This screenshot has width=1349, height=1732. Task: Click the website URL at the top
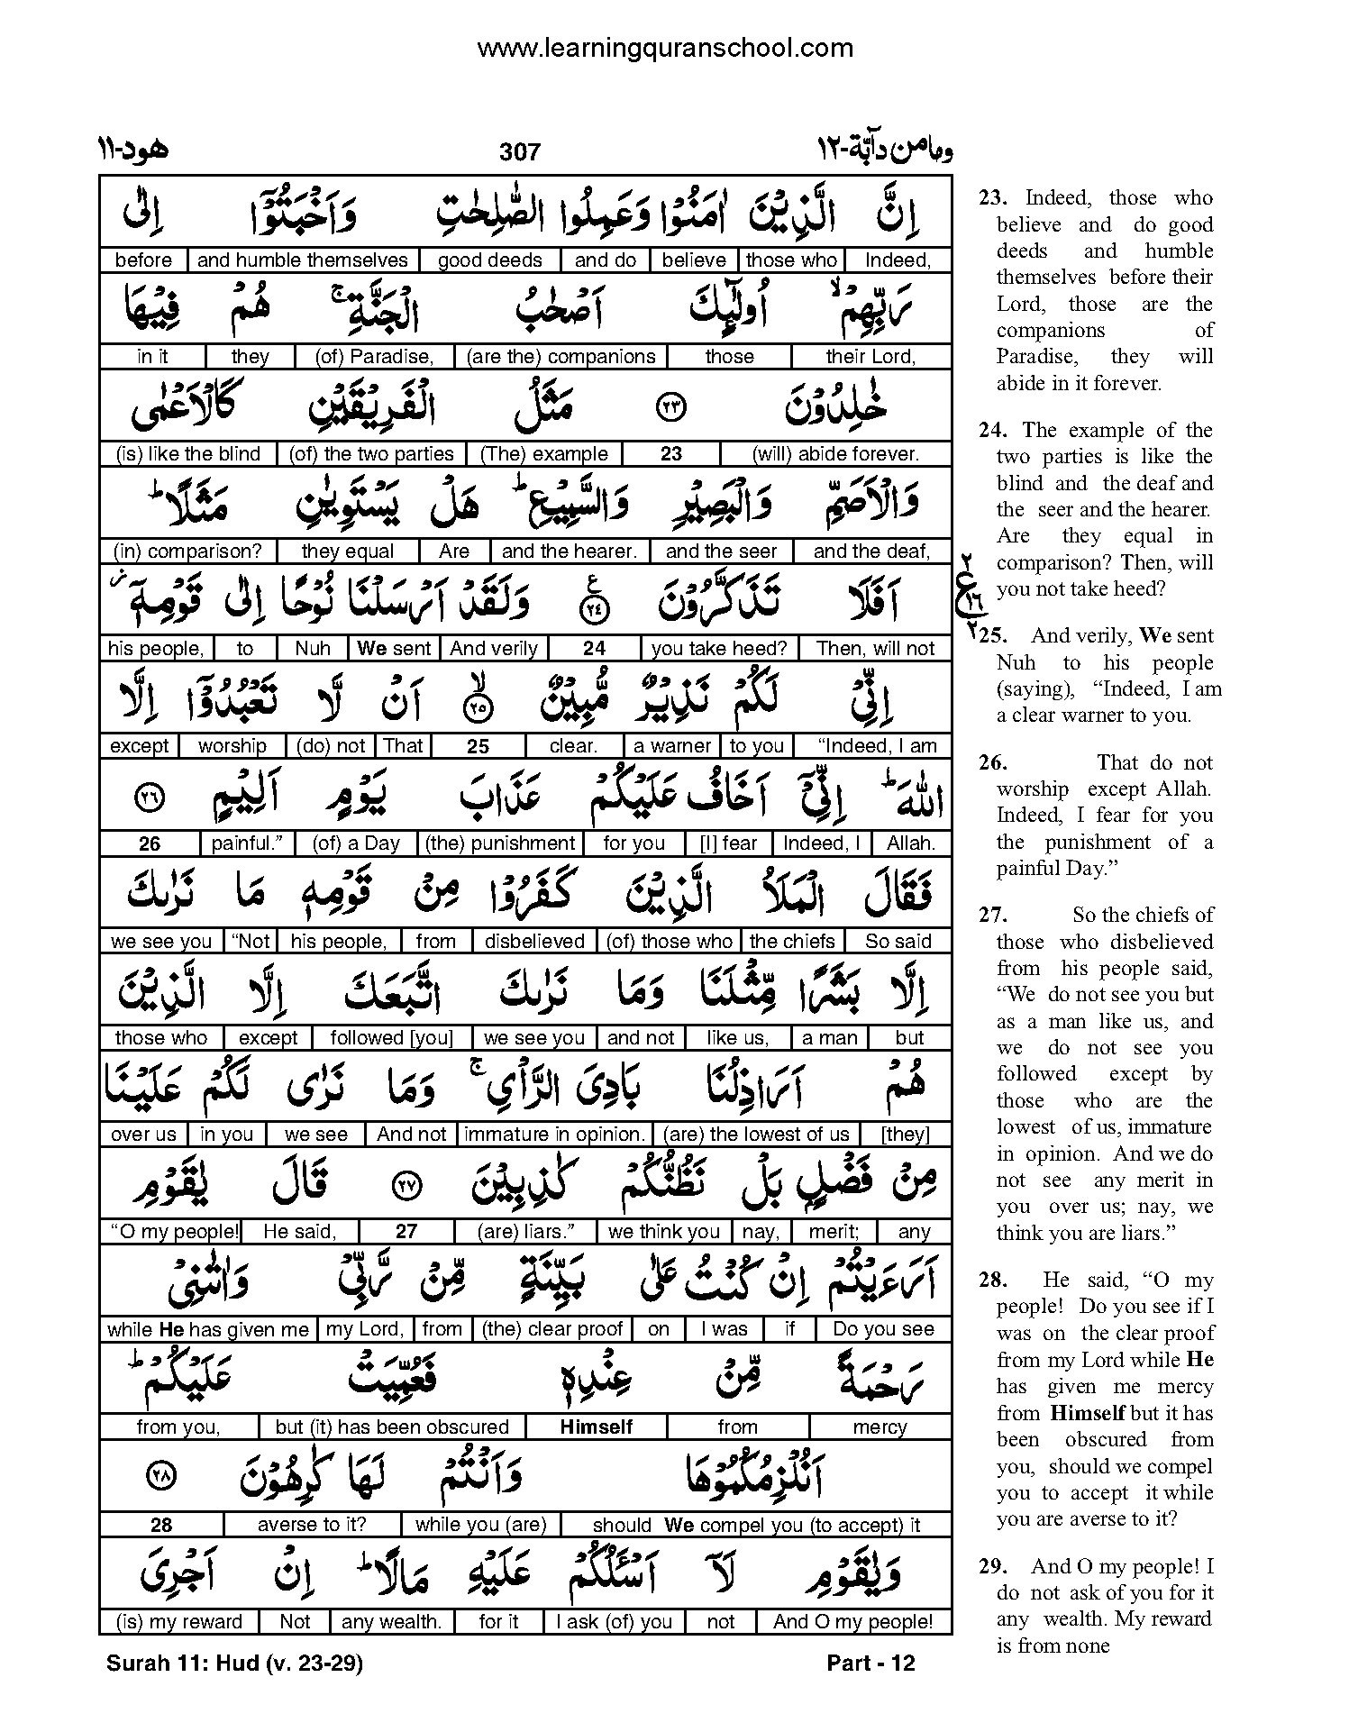(x=664, y=48)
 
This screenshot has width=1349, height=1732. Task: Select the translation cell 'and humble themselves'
(x=303, y=260)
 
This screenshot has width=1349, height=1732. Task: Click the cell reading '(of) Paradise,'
(x=374, y=357)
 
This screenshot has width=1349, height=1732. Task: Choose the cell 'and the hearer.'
(x=570, y=552)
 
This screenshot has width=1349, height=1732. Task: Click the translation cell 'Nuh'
(x=313, y=649)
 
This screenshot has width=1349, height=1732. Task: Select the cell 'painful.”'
(x=247, y=843)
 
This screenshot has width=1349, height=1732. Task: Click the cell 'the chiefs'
(x=792, y=942)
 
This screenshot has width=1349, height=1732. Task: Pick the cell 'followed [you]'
(x=391, y=1038)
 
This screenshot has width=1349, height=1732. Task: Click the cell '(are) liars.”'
(x=524, y=1232)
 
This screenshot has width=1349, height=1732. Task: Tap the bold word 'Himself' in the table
(x=597, y=1427)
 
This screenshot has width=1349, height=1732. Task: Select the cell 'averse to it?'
(x=313, y=1525)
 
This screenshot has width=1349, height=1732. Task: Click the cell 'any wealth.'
(x=392, y=1622)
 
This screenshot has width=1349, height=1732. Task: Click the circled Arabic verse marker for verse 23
(x=672, y=407)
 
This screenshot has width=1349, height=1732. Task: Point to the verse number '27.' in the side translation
(x=992, y=916)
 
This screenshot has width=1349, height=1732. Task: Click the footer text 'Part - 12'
(x=870, y=1664)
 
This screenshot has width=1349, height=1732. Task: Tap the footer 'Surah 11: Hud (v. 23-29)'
(x=234, y=1664)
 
